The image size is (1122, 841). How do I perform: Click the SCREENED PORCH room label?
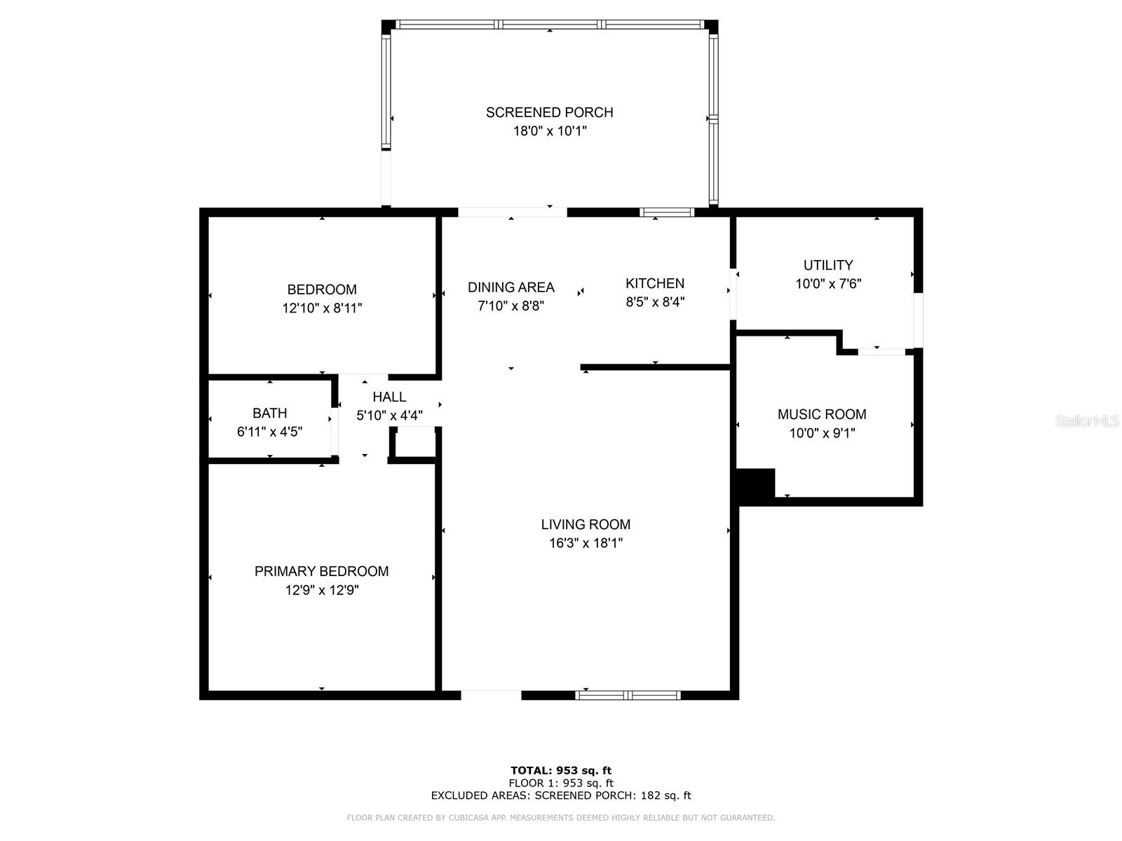coord(549,112)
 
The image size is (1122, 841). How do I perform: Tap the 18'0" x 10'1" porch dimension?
coord(550,131)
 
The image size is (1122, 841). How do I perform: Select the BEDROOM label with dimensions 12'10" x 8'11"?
coord(321,289)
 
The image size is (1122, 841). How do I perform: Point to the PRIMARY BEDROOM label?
coord(321,571)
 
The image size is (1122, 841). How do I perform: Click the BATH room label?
coord(269,413)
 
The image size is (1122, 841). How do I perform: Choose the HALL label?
coord(389,397)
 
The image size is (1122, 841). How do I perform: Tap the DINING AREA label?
coord(511,287)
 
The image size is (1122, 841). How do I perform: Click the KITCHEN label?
coord(655,283)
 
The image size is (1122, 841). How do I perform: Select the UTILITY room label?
coord(828,265)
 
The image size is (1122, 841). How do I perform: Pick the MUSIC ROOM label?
coord(822,414)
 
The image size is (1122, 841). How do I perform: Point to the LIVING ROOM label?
coord(586,524)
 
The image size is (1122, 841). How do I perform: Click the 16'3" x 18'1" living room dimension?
coord(586,543)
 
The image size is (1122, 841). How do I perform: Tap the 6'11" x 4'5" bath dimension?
coord(269,432)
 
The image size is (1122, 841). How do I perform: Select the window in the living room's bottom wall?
coord(628,695)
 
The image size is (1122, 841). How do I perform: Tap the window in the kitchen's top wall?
coord(667,212)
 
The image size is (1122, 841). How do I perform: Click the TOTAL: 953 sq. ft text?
coord(561,770)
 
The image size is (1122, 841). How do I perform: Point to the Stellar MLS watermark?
coord(1087,421)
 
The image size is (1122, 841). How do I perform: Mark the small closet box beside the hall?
coord(414,443)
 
